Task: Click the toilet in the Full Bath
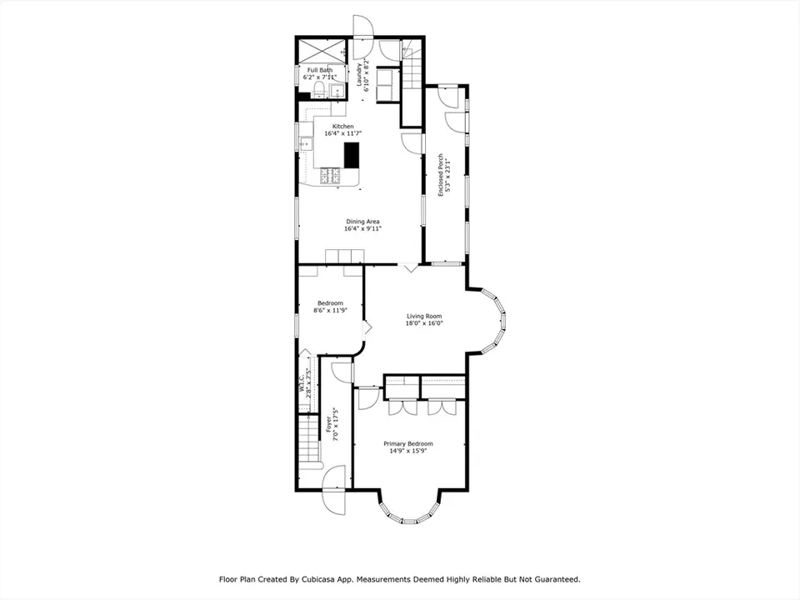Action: (x=318, y=88)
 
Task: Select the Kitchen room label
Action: (x=342, y=127)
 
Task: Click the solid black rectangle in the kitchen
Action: (x=352, y=155)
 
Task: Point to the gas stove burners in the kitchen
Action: (x=330, y=176)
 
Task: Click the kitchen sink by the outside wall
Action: (x=306, y=144)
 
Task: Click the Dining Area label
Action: (x=362, y=222)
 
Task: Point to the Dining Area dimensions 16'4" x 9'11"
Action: (x=362, y=229)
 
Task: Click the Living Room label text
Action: (x=424, y=316)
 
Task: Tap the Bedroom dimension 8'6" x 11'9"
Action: (x=330, y=310)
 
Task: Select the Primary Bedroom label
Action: (x=408, y=444)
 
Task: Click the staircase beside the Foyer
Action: (x=309, y=440)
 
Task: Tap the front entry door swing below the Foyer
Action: (x=334, y=490)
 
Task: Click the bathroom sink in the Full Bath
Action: (x=337, y=92)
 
